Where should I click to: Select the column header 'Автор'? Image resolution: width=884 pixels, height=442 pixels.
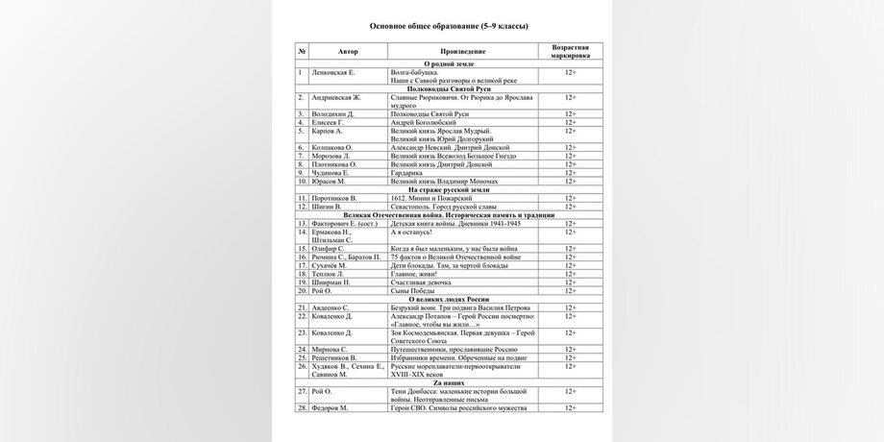(x=348, y=51)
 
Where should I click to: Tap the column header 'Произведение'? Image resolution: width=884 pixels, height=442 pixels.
(x=462, y=51)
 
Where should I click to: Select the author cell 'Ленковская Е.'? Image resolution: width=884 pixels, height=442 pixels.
(x=333, y=72)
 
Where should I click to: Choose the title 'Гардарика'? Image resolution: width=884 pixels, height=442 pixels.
(x=410, y=172)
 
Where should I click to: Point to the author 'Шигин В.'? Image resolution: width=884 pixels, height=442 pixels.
(x=328, y=206)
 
